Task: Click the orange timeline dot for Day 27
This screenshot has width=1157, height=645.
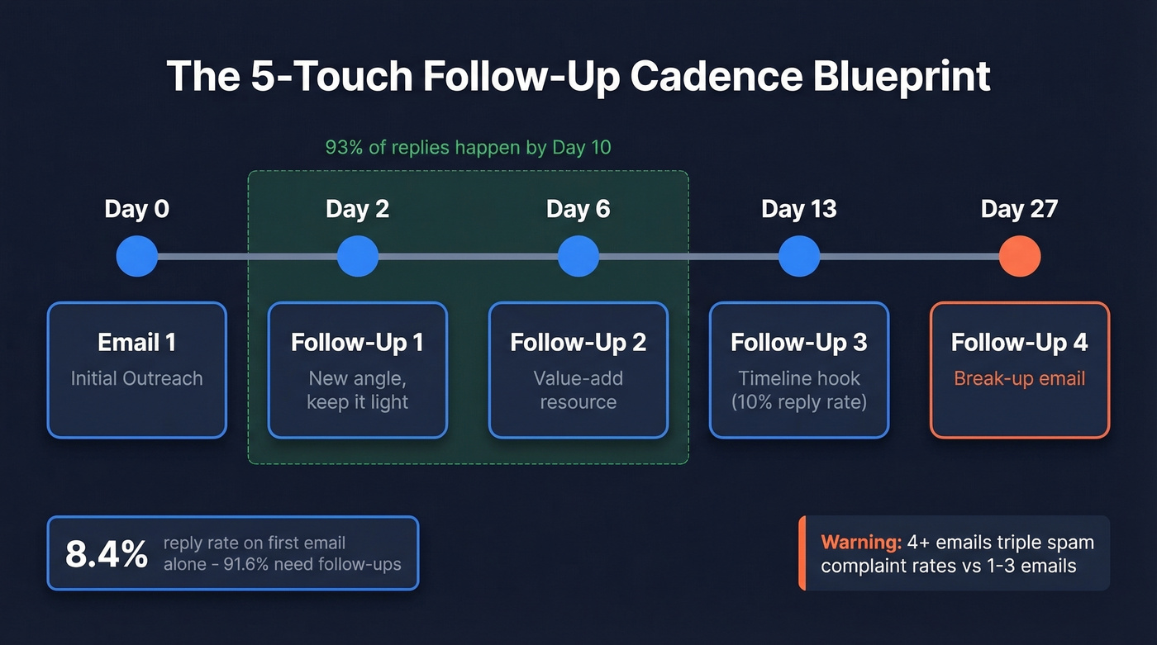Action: click(x=1019, y=257)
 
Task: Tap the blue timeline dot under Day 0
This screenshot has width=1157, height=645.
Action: click(x=137, y=257)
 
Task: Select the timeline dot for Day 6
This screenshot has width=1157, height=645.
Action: click(x=578, y=257)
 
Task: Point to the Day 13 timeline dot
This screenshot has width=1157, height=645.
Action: click(x=799, y=257)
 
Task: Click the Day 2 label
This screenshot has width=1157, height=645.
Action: click(x=357, y=209)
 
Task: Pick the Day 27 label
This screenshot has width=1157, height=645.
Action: click(x=1019, y=209)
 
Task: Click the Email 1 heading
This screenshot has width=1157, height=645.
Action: click(x=136, y=342)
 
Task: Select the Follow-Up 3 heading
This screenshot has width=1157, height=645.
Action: click(x=799, y=342)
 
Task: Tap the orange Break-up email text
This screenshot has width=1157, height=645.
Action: click(x=1019, y=378)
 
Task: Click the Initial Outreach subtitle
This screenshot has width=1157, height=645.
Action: click(x=136, y=378)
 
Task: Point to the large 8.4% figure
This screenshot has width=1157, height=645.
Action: click(x=107, y=554)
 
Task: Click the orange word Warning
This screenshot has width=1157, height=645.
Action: click(x=860, y=543)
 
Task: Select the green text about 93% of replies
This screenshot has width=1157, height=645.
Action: click(x=468, y=148)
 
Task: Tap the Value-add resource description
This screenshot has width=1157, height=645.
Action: click(x=578, y=390)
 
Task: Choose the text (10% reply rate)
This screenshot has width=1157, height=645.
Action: click(x=799, y=402)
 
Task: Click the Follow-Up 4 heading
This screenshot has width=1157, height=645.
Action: click(x=1019, y=342)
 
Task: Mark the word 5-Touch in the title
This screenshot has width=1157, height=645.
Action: click(x=319, y=77)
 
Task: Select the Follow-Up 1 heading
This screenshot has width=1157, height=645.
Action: click(x=357, y=342)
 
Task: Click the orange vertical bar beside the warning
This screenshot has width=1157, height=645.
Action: click(x=802, y=553)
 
